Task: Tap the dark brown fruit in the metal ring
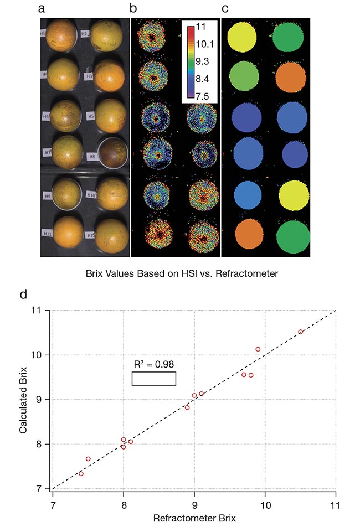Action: pos(111,154)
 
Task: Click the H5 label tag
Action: pos(91,116)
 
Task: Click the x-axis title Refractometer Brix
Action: pos(194,519)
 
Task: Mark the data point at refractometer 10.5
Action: pos(301,332)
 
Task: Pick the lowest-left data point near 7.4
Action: pos(81,473)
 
